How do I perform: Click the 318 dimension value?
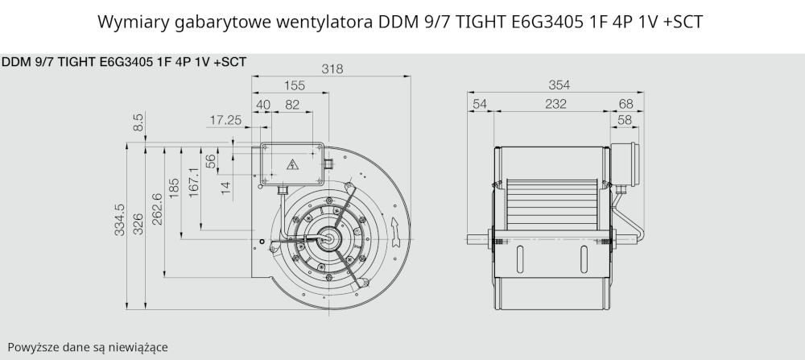(332, 68)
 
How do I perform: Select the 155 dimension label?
(294, 85)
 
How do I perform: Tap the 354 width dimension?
(559, 85)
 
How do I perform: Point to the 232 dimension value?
(556, 104)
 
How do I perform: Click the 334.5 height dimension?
(120, 220)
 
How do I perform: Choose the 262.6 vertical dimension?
(158, 209)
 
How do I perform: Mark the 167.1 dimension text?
(193, 184)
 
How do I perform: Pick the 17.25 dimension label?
(225, 120)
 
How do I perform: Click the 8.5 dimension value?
(138, 122)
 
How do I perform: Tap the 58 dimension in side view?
(625, 120)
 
